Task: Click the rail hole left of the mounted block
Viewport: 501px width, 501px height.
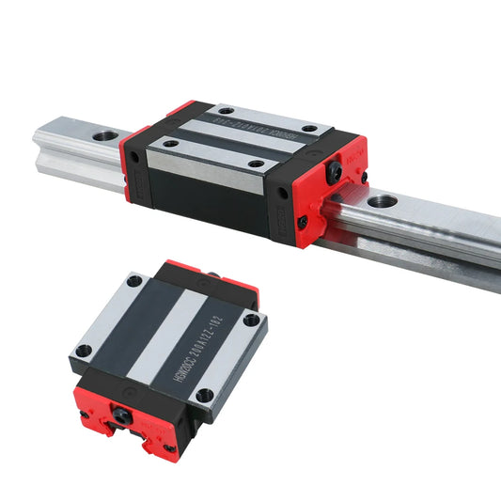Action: (104, 135)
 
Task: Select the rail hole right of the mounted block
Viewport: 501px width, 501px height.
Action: (381, 201)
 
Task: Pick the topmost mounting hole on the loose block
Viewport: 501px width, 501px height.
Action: (134, 280)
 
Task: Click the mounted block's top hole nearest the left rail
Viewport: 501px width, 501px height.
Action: (169, 143)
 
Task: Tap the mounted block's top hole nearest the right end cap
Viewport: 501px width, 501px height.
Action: (310, 129)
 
